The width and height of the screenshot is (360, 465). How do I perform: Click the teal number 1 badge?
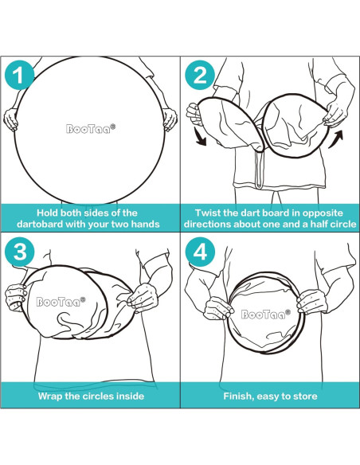click(20, 76)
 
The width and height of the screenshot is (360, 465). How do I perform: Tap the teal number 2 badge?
click(200, 76)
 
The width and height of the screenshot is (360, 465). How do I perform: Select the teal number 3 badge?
click(20, 252)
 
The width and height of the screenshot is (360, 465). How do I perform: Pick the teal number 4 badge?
click(200, 252)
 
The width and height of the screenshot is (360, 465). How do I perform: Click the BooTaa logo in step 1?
click(91, 129)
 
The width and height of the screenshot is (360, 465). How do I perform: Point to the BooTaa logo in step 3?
click(61, 302)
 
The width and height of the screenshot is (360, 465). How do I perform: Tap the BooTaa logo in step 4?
click(266, 314)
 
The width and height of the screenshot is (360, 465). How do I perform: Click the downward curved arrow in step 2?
click(201, 136)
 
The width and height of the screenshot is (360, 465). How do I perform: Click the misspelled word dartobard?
click(40, 224)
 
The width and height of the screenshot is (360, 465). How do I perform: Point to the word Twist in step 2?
click(206, 213)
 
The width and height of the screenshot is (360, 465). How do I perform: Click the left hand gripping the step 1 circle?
click(10, 119)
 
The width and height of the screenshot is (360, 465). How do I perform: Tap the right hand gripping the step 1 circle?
click(170, 119)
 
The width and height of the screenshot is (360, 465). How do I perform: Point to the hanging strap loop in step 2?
click(259, 169)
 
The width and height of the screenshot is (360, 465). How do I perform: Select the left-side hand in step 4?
click(219, 308)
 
